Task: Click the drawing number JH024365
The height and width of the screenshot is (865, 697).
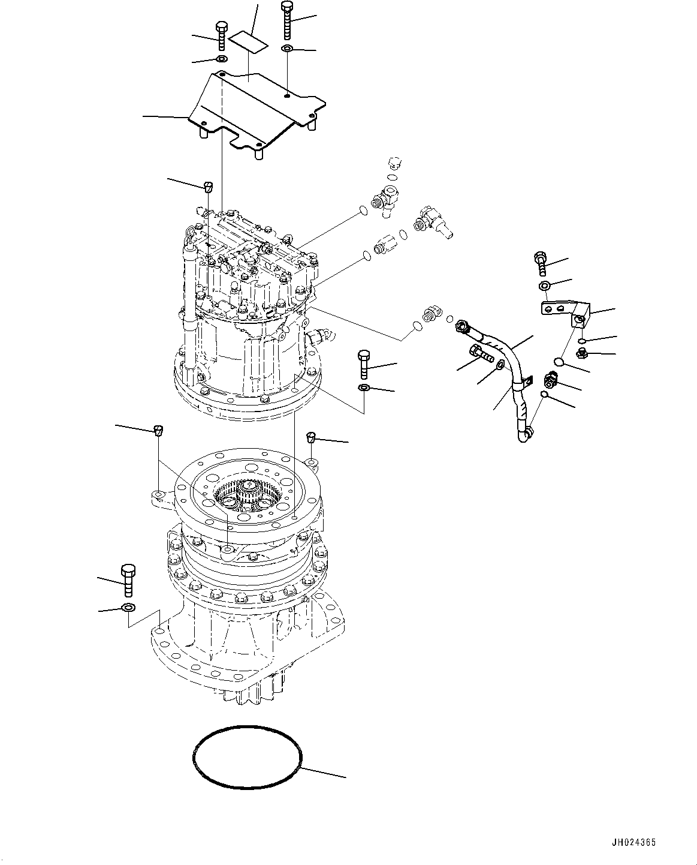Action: click(x=633, y=843)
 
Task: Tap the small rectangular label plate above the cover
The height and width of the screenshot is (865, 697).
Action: click(x=251, y=42)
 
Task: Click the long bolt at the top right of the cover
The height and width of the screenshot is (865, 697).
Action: click(x=286, y=19)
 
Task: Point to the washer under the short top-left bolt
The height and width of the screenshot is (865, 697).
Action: click(x=221, y=59)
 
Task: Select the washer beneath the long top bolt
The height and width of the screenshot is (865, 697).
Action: click(x=287, y=48)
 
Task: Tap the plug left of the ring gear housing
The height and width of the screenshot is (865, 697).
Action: click(x=158, y=429)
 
